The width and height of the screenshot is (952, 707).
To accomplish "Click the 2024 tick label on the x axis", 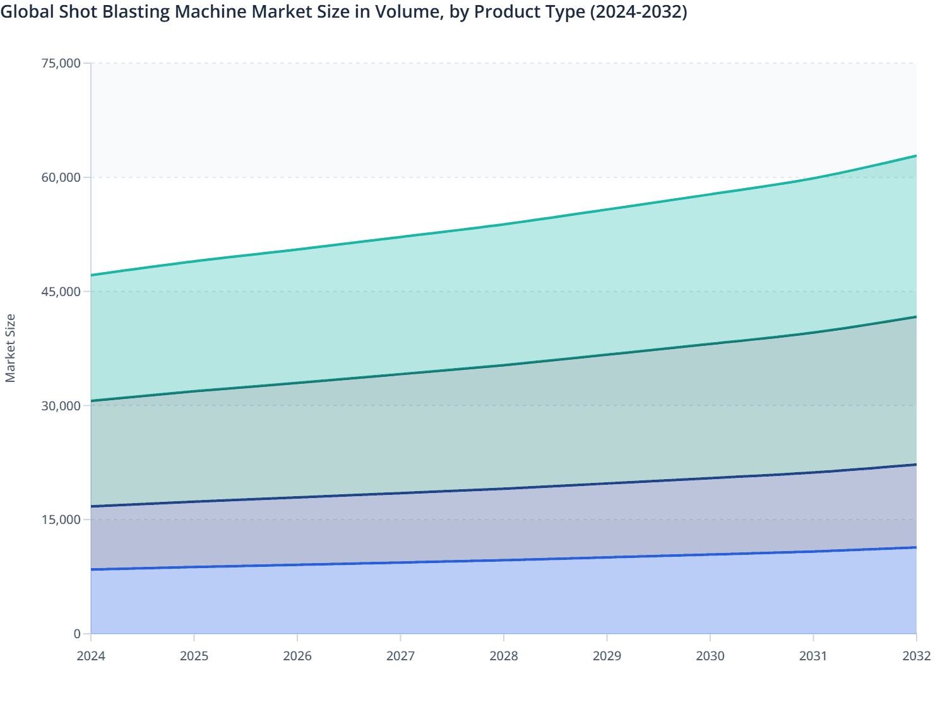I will point(91,656).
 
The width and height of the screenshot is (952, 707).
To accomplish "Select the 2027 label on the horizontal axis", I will point(400,656).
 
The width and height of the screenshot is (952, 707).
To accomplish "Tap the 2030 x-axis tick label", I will point(710,656).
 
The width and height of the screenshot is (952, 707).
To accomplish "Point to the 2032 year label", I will point(917,656).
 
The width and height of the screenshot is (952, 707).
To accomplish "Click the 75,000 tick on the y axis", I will point(61,63).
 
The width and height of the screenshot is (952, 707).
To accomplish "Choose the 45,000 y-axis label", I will point(61,292).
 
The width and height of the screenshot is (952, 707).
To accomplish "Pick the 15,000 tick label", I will point(61,520).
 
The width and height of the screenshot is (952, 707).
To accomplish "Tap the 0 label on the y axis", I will point(77,634).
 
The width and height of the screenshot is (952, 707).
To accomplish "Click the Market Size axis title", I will point(10,348).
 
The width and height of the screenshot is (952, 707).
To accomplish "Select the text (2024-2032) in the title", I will point(638,12).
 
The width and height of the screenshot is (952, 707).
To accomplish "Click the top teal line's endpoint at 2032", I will point(916,156).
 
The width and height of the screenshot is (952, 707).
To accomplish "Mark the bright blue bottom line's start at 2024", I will point(92,569).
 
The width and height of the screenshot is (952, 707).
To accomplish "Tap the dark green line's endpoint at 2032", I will point(916,317).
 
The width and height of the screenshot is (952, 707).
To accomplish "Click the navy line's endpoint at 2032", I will point(916,465).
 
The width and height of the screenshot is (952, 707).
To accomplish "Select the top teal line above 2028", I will point(504,224).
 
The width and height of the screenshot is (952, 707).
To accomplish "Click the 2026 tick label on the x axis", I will point(297,656).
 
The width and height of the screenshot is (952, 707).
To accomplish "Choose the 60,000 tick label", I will point(61,177).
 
